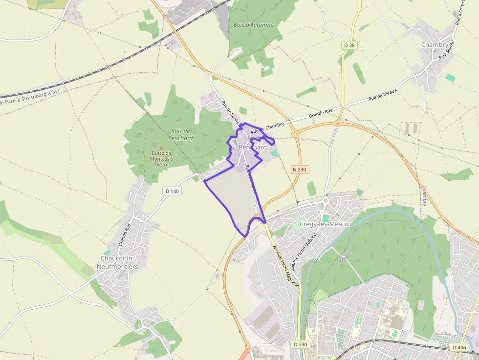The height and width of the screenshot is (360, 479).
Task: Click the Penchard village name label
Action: (253, 147)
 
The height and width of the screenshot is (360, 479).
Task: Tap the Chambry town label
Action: (434, 45)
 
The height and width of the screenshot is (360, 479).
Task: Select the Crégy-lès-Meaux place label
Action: (324, 224)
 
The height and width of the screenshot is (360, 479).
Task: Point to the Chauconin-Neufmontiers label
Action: (119, 262)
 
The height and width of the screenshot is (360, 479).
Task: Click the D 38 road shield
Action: (348, 45)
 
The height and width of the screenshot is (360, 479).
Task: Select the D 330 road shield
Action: (301, 344)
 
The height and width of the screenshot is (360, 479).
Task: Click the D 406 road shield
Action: (459, 347)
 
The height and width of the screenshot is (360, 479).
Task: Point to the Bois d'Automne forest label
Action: (254, 25)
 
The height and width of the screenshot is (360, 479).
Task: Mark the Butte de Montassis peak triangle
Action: (161, 147)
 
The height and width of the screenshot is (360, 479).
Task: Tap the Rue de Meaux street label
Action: (382, 95)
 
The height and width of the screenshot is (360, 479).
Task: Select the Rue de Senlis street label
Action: (231, 111)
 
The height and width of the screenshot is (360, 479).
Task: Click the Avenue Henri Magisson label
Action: (285, 268)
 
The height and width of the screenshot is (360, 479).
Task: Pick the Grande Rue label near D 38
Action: (320, 114)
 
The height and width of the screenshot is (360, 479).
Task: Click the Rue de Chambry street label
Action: (267, 128)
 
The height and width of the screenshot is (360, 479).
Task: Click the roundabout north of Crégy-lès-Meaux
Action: (326, 200)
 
